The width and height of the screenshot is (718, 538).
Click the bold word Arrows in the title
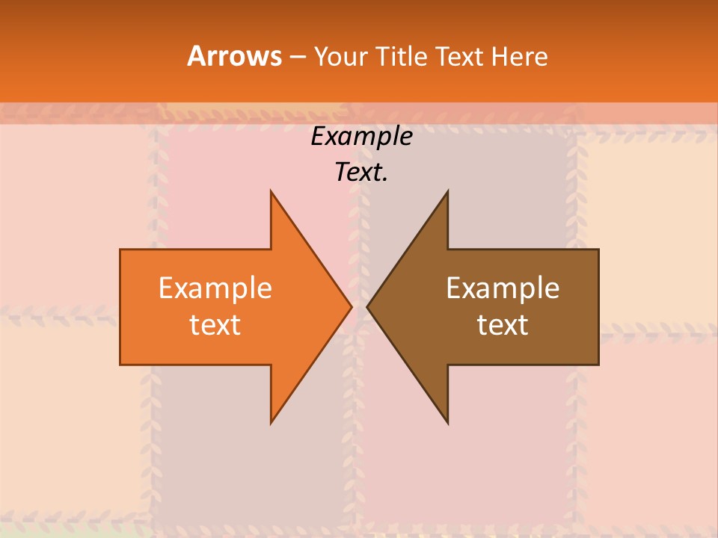(233, 56)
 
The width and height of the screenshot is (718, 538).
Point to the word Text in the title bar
(461, 56)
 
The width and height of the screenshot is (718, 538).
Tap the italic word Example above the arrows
(361, 137)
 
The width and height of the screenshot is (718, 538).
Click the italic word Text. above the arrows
(361, 173)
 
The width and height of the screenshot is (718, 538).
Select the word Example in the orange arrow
(215, 288)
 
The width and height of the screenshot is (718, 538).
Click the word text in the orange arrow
(215, 325)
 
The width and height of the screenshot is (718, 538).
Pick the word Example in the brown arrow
(503, 288)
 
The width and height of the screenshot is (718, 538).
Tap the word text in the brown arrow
(503, 325)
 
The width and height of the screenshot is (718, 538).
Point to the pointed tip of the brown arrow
(368, 306)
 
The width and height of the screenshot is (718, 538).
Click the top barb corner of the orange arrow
(271, 192)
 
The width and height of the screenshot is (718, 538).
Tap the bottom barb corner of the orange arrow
(271, 422)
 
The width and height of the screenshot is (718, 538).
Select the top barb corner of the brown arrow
(447, 192)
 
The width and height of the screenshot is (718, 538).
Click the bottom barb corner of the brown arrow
(447, 422)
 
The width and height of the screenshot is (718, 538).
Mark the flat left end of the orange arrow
(121, 306)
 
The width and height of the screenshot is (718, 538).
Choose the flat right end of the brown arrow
(598, 306)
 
